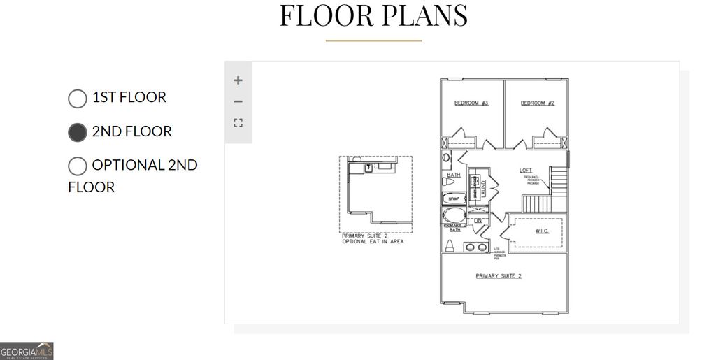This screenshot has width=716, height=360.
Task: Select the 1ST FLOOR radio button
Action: (x=78, y=99)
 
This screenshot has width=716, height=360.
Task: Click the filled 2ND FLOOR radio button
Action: (x=78, y=132)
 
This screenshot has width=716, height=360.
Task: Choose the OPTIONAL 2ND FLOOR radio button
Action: (x=78, y=166)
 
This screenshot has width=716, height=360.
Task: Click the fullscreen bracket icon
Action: (x=238, y=123)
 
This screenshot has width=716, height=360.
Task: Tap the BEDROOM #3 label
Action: (x=471, y=103)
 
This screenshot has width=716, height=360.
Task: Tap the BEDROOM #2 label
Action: (x=537, y=103)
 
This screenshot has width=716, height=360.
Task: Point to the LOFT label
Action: (x=525, y=171)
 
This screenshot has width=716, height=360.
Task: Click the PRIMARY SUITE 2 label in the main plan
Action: (x=499, y=276)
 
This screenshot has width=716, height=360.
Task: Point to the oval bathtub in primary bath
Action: (x=454, y=215)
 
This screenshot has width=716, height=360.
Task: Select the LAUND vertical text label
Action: (x=483, y=186)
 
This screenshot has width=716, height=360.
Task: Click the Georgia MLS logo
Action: (x=27, y=351)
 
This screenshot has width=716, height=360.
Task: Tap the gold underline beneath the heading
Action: (x=373, y=41)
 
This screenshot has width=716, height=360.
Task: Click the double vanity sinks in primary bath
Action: (x=475, y=247)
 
